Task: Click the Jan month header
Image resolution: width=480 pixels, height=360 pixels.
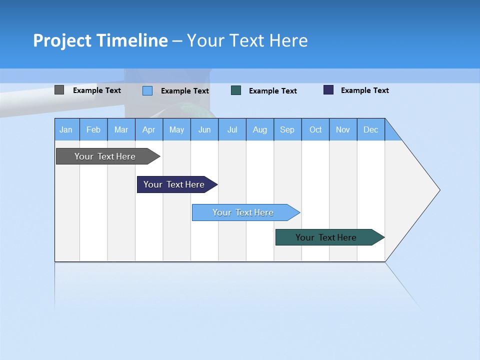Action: point(66,129)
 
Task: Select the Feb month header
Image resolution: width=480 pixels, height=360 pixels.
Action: point(93,129)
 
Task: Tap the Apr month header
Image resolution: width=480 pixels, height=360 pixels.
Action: point(148,129)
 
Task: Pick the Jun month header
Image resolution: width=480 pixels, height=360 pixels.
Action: point(204,129)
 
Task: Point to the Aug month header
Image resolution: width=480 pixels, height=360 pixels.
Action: point(260,129)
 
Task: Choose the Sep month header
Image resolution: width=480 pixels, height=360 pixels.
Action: point(287,129)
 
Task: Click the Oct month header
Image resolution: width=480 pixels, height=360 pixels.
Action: point(315,129)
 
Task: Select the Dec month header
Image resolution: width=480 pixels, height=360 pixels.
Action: point(371,129)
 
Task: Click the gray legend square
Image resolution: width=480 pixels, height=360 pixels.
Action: point(59,90)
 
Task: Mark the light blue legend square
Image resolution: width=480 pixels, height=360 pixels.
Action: point(147,90)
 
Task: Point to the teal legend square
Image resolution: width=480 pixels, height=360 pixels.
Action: point(236,90)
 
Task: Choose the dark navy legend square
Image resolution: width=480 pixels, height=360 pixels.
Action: point(328,90)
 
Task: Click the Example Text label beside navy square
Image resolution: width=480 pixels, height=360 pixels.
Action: point(364,90)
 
